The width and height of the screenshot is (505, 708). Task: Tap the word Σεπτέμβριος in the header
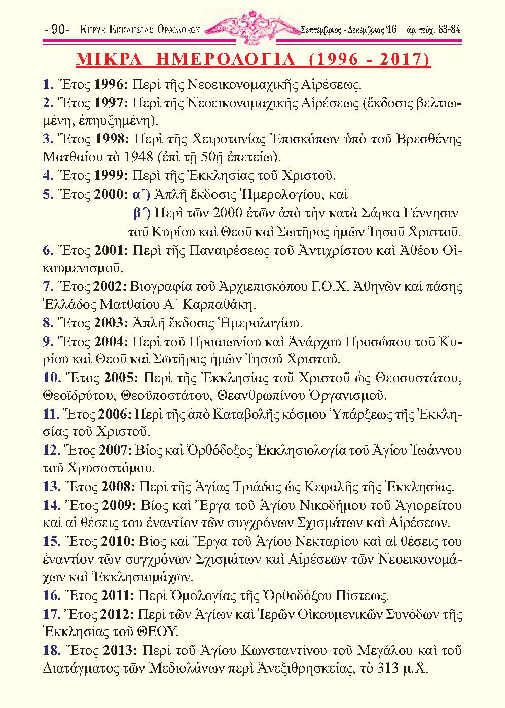320,30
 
